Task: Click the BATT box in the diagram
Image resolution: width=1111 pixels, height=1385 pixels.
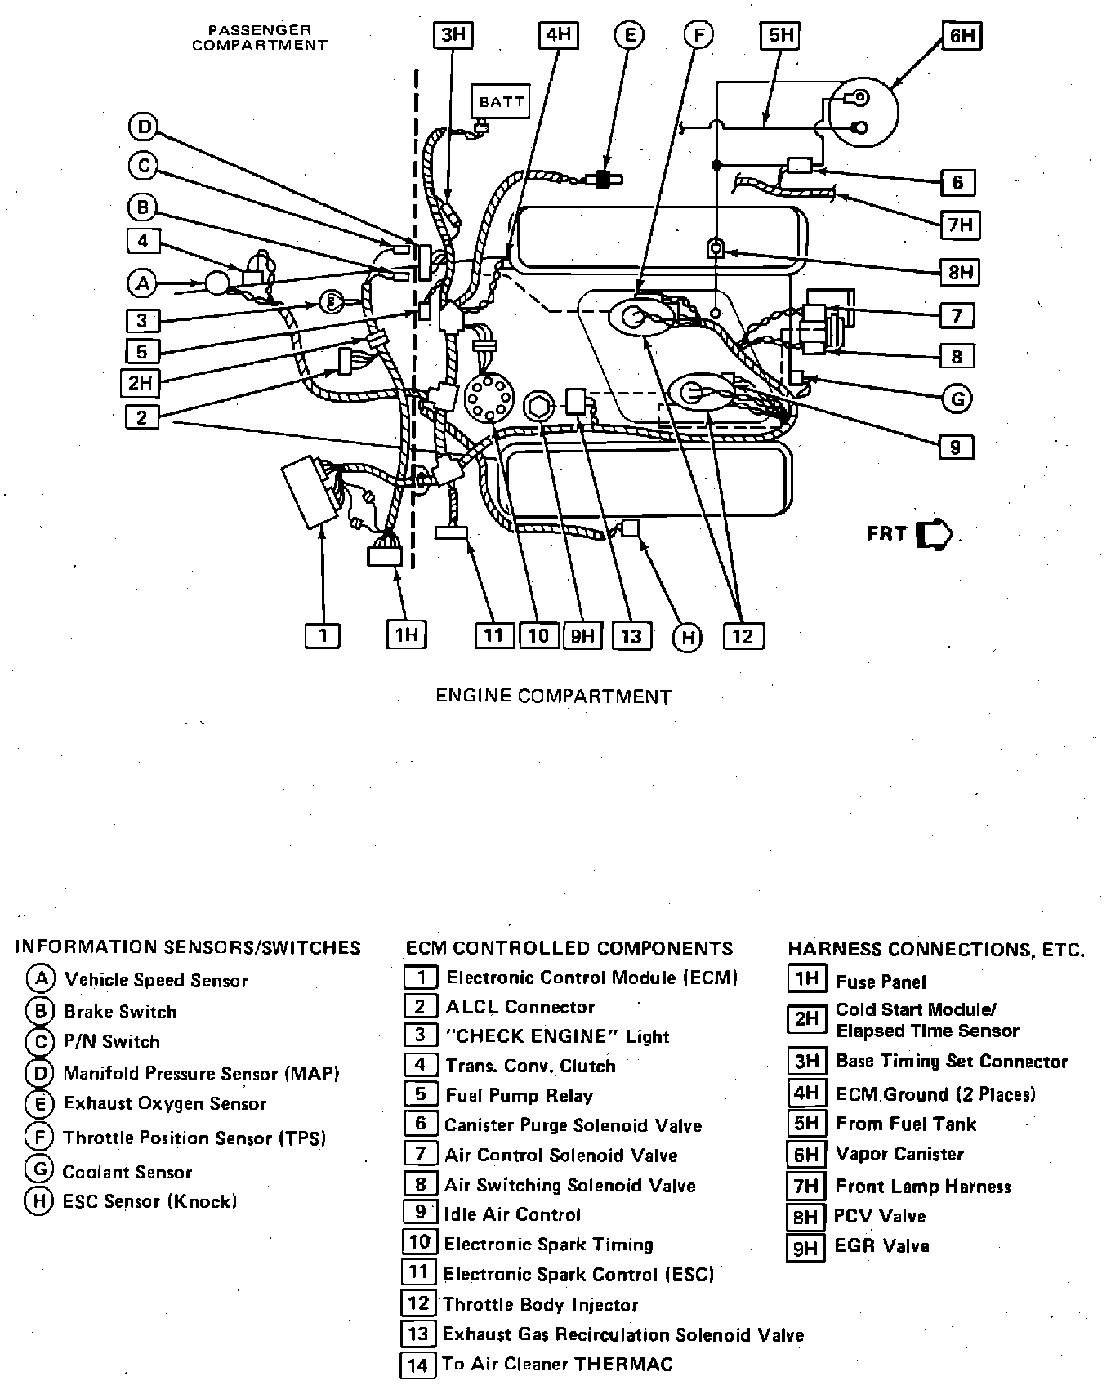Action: click(x=500, y=102)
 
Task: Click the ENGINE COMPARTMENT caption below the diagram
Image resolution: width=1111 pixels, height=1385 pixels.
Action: click(x=553, y=697)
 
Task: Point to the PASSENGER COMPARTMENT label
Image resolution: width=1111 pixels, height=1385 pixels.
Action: click(x=259, y=38)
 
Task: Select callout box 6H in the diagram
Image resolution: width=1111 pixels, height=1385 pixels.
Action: click(x=962, y=37)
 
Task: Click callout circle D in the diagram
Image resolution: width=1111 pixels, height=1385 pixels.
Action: click(x=144, y=127)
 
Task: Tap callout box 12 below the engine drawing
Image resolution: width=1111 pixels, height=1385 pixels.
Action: click(x=743, y=635)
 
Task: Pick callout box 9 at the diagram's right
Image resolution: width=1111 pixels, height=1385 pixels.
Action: click(x=955, y=447)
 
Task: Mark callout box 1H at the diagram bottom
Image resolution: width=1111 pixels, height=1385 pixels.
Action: click(x=406, y=635)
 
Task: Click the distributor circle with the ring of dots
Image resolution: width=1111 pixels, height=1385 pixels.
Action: click(x=489, y=399)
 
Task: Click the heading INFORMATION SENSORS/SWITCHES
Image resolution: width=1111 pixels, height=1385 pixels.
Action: click(x=188, y=947)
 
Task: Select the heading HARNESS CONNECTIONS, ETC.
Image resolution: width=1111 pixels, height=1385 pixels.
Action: click(x=936, y=950)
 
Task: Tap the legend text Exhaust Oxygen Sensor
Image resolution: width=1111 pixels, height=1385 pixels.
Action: click(x=165, y=1104)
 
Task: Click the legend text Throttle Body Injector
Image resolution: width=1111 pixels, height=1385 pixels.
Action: click(x=540, y=1304)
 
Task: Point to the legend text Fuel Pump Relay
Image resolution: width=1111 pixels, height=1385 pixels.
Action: click(x=519, y=1095)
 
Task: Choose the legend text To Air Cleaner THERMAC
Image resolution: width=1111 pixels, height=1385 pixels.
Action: click(x=558, y=1364)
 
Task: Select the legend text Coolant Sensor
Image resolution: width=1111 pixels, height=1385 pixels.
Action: click(x=127, y=1172)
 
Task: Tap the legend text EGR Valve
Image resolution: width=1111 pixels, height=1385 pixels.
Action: click(x=882, y=1246)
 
